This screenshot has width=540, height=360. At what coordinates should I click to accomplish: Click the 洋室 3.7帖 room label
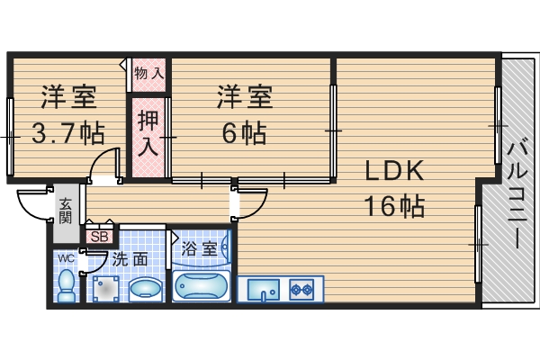tap(67, 115)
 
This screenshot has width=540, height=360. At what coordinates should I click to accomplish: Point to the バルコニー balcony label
tap(516, 193)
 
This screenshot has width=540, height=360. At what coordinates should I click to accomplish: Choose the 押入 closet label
tap(148, 132)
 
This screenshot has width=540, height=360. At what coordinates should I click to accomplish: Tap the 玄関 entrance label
tap(67, 212)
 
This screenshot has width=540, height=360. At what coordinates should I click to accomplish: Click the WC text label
tap(67, 258)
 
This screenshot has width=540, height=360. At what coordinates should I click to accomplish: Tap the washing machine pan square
tap(105, 289)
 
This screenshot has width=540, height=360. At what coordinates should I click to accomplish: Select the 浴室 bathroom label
tap(198, 248)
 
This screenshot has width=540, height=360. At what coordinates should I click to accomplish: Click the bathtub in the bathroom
tap(202, 288)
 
